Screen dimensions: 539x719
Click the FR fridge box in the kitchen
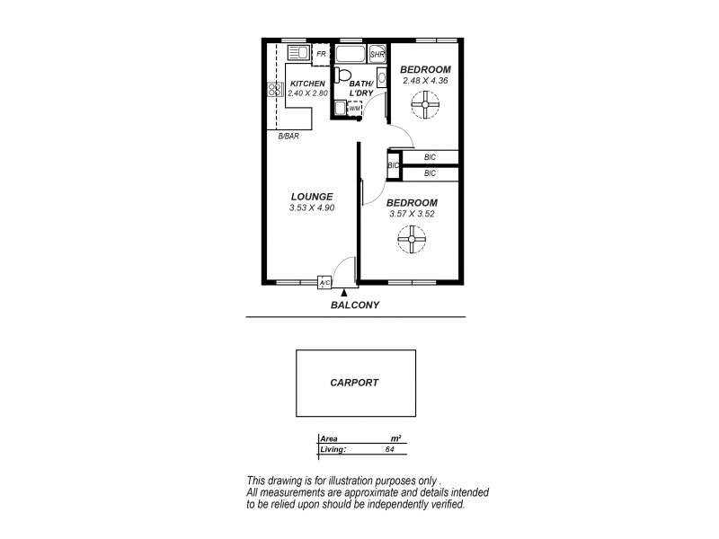pyautogui.click(x=321, y=55)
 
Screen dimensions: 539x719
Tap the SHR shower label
pyautogui.click(x=377, y=55)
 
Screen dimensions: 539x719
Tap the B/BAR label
pyautogui.click(x=288, y=136)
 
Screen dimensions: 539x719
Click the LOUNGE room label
pyautogui.click(x=311, y=197)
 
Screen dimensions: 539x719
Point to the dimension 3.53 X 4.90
pyautogui.click(x=311, y=208)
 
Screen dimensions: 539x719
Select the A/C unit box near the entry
pyautogui.click(x=324, y=283)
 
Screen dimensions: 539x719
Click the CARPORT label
pyautogui.click(x=355, y=382)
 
